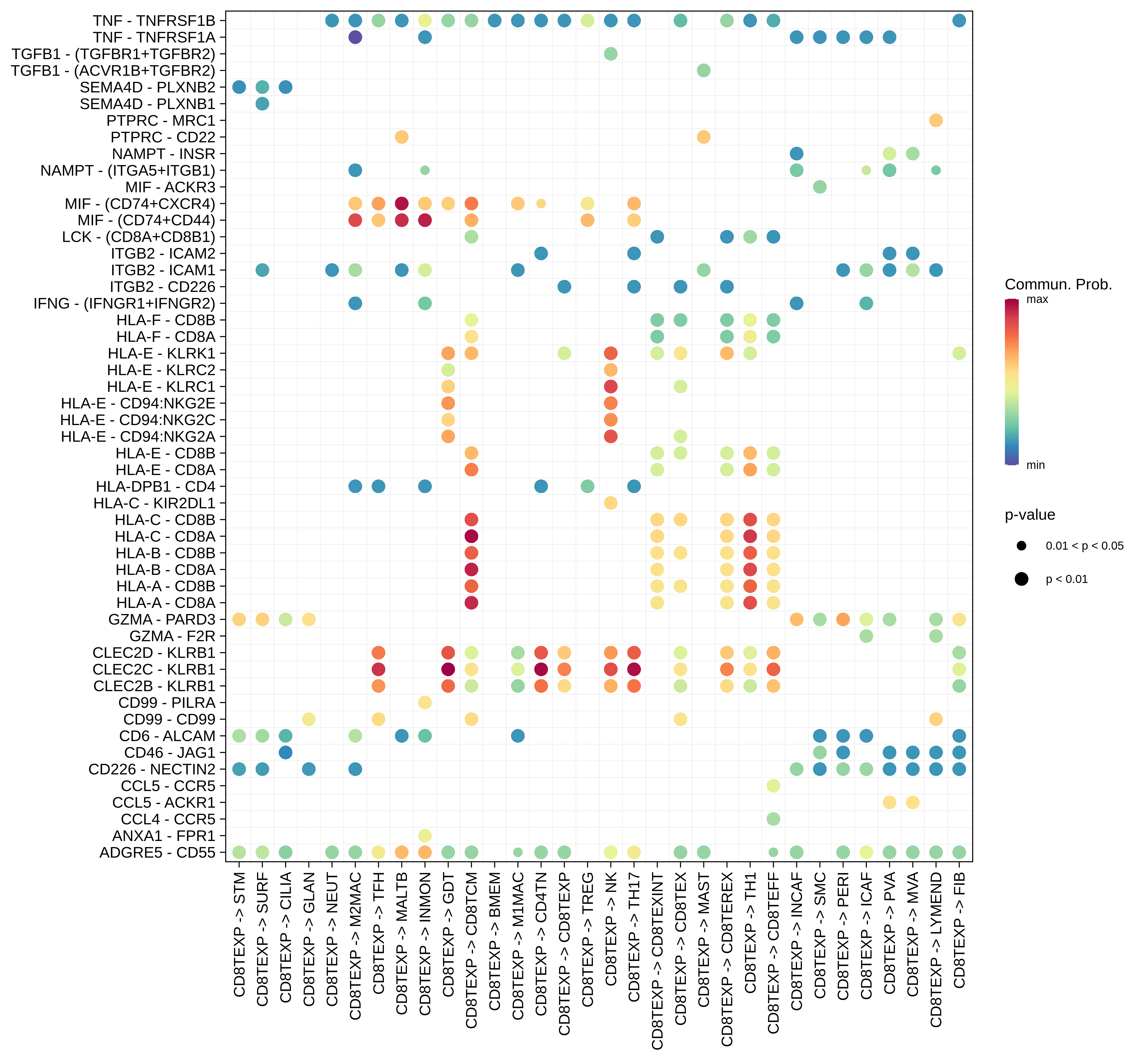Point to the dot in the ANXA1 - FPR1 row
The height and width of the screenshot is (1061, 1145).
click(425, 835)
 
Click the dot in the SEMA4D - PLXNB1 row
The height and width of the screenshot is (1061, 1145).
click(262, 104)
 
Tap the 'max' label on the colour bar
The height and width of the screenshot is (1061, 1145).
click(1037, 299)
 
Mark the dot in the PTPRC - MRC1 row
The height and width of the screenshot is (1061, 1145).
click(935, 121)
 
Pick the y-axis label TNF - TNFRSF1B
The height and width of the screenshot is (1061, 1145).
click(154, 21)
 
